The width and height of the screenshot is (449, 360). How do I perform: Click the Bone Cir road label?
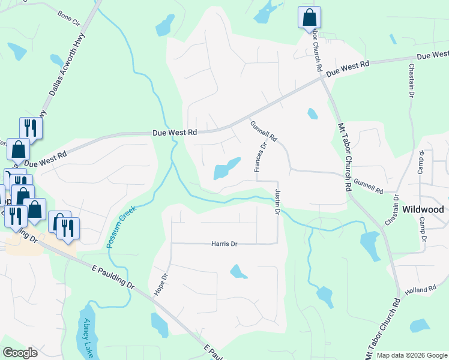(68, 14)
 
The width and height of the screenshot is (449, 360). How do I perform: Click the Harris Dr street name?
(224, 244)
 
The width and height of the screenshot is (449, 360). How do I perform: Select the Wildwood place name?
(424, 209)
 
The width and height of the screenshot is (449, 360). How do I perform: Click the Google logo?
(20, 353)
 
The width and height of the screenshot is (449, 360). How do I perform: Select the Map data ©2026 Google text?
(411, 355)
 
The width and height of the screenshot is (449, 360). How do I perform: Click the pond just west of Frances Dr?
(226, 169)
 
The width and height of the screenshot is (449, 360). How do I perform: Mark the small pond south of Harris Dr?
(238, 272)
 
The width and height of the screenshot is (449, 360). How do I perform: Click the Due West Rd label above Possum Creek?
(175, 132)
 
